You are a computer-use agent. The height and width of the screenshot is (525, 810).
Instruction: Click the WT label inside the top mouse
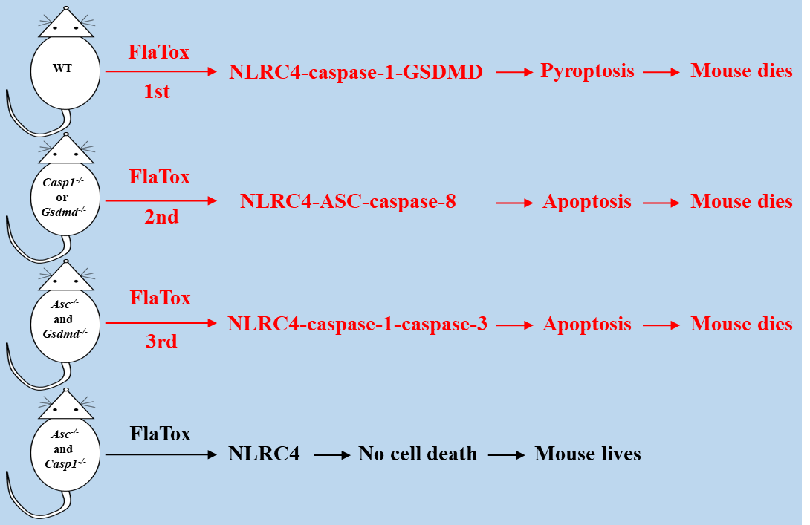pyautogui.click(x=63, y=68)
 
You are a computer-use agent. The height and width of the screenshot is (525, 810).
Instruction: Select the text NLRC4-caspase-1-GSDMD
pyautogui.click(x=356, y=72)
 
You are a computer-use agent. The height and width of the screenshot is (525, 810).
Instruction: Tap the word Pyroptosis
pyautogui.click(x=587, y=71)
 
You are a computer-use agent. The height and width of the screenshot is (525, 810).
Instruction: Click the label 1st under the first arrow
pyautogui.click(x=157, y=91)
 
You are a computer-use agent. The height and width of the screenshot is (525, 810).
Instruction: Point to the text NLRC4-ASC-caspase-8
pyautogui.click(x=348, y=201)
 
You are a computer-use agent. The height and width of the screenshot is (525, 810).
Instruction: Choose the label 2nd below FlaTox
pyautogui.click(x=161, y=218)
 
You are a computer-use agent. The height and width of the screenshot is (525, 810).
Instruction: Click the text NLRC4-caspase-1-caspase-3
pyautogui.click(x=357, y=324)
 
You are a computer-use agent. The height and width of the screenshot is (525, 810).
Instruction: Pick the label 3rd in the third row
pyautogui.click(x=161, y=342)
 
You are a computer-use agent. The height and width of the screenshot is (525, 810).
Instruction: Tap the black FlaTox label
pyautogui.click(x=160, y=434)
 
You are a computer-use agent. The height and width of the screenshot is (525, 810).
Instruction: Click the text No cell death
pyautogui.click(x=418, y=454)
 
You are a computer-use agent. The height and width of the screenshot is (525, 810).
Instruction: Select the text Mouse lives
pyautogui.click(x=587, y=454)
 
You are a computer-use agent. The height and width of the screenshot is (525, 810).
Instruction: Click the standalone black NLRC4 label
pyautogui.click(x=264, y=454)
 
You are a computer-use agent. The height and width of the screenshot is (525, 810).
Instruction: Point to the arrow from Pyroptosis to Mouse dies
pyautogui.click(x=661, y=72)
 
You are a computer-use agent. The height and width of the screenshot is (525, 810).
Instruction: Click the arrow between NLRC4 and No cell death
pyautogui.click(x=331, y=454)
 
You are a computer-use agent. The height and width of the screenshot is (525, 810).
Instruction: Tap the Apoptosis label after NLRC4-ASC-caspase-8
pyautogui.click(x=587, y=201)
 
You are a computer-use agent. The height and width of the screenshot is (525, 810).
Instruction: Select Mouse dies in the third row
pyautogui.click(x=741, y=324)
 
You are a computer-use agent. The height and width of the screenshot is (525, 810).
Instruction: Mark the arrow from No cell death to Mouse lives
pyautogui.click(x=506, y=454)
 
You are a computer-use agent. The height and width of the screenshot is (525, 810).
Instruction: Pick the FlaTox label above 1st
pyautogui.click(x=158, y=52)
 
